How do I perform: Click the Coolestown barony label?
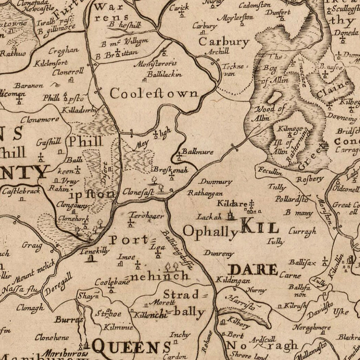click(x=154, y=94)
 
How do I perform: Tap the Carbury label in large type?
click(x=224, y=42)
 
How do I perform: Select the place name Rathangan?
click(x=205, y=193)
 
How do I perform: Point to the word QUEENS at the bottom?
click(x=132, y=346)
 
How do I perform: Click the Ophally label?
click(x=210, y=231)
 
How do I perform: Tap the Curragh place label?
click(x=302, y=231)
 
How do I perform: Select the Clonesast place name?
click(x=138, y=192)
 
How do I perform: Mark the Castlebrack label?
click(x=21, y=191)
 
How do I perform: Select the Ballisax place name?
click(x=302, y=262)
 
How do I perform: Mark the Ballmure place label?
click(x=198, y=152)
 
